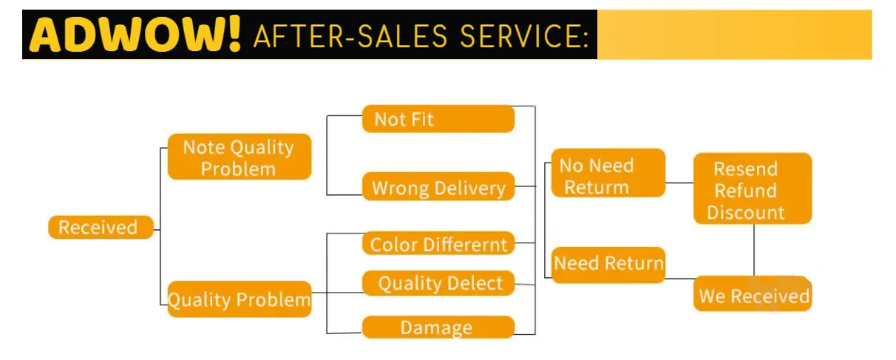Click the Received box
pyautogui.click(x=101, y=228)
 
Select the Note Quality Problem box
pyautogui.click(x=239, y=157)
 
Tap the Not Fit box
pyautogui.click(x=438, y=119)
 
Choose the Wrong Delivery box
pyautogui.click(x=438, y=188)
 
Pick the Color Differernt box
pyautogui.click(x=438, y=245)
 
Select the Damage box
pyautogui.click(x=438, y=327)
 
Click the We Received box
pyautogui.click(x=753, y=296)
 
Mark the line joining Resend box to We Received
pyautogui.click(x=754, y=250)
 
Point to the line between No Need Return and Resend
pyautogui.click(x=679, y=183)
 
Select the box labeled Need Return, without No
pyautogui.click(x=608, y=263)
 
